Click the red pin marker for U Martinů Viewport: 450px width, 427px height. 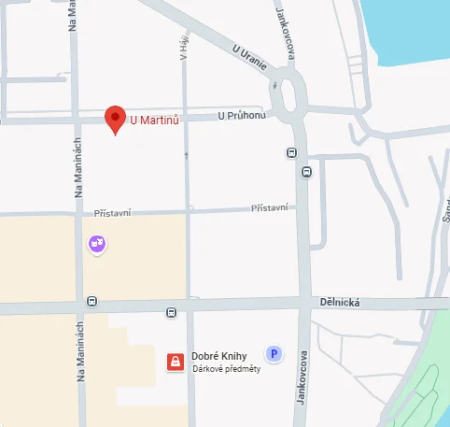click(115, 119)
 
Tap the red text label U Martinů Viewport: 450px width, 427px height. click(153, 119)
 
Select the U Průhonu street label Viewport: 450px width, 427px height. click(242, 116)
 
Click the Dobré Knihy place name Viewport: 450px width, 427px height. click(218, 356)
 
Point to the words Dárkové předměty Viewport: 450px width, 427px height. click(225, 368)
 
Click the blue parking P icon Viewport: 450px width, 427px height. click(274, 353)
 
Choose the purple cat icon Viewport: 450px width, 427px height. click(97, 245)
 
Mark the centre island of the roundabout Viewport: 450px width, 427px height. click(288, 95)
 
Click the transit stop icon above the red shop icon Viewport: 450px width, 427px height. click(171, 312)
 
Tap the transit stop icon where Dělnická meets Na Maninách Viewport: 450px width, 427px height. click(91, 301)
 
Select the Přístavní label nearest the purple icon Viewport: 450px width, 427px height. click(113, 214)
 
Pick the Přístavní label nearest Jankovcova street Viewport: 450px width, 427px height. click(270, 207)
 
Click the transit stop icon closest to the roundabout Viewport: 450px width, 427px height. click(292, 152)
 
